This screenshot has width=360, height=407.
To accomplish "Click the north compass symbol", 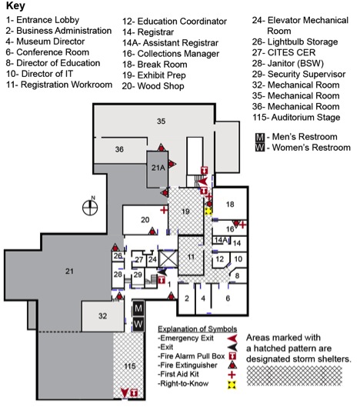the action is [90, 207].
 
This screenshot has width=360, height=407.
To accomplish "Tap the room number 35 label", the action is [162, 122].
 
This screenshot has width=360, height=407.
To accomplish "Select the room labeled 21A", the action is [158, 169].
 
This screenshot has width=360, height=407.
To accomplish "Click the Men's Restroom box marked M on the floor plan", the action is [138, 309].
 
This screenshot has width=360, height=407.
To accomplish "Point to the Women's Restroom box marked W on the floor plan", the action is [138, 324].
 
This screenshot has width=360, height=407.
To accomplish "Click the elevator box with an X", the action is [168, 259].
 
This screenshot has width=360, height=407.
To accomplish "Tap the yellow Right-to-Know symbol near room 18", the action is [208, 212].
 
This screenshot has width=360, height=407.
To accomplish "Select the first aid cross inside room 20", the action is [164, 210].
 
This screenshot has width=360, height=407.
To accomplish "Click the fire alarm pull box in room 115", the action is [134, 392].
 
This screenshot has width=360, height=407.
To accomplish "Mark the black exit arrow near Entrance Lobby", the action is [163, 272].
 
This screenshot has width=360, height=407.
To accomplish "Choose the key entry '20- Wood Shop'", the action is [153, 86].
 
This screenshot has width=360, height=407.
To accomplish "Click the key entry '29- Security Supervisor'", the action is [298, 74].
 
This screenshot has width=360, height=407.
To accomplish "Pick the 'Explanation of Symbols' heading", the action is [197, 329].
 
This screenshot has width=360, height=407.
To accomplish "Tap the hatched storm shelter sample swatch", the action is [294, 375].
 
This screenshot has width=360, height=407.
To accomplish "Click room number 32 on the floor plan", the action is [103, 316].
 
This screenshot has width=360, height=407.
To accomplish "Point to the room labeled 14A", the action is [221, 240].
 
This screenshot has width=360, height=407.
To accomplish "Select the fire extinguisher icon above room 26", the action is [115, 248].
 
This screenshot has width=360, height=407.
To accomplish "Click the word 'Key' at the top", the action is [15, 6].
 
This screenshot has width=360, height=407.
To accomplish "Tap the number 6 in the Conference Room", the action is [228, 299].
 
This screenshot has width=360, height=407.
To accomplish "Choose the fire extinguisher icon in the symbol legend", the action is [232, 365].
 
